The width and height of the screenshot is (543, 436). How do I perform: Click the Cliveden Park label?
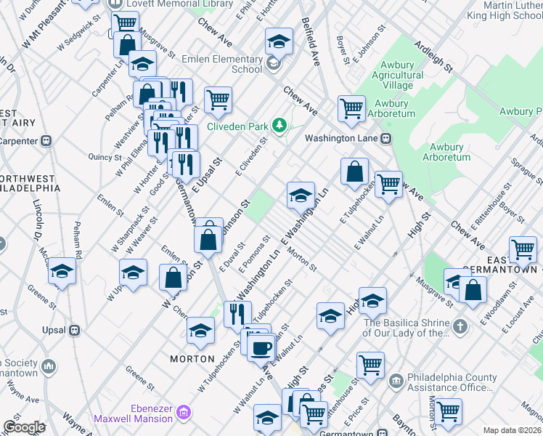[x=237, y=126]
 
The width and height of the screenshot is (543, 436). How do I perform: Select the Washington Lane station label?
[x=343, y=137]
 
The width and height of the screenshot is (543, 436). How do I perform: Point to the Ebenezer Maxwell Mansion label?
[x=138, y=413]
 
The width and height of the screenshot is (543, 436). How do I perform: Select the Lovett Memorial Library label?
[x=170, y=4]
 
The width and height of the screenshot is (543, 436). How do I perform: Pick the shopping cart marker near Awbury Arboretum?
[x=351, y=109]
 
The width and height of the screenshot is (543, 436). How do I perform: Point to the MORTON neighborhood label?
[x=192, y=359]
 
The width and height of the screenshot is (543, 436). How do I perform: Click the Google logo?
[x=24, y=427]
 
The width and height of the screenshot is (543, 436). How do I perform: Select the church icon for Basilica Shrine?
[x=460, y=328]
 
